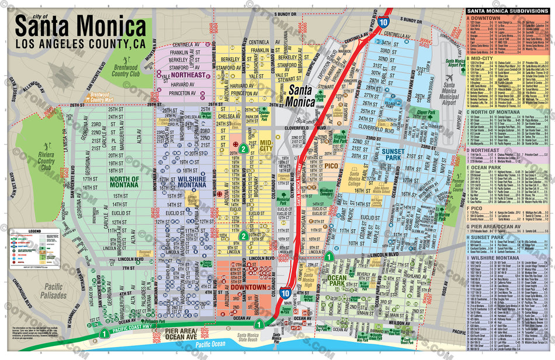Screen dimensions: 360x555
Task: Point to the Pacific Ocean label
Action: click(x=210, y=346)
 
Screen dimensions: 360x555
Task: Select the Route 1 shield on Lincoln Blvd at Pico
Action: click(x=329, y=255)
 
